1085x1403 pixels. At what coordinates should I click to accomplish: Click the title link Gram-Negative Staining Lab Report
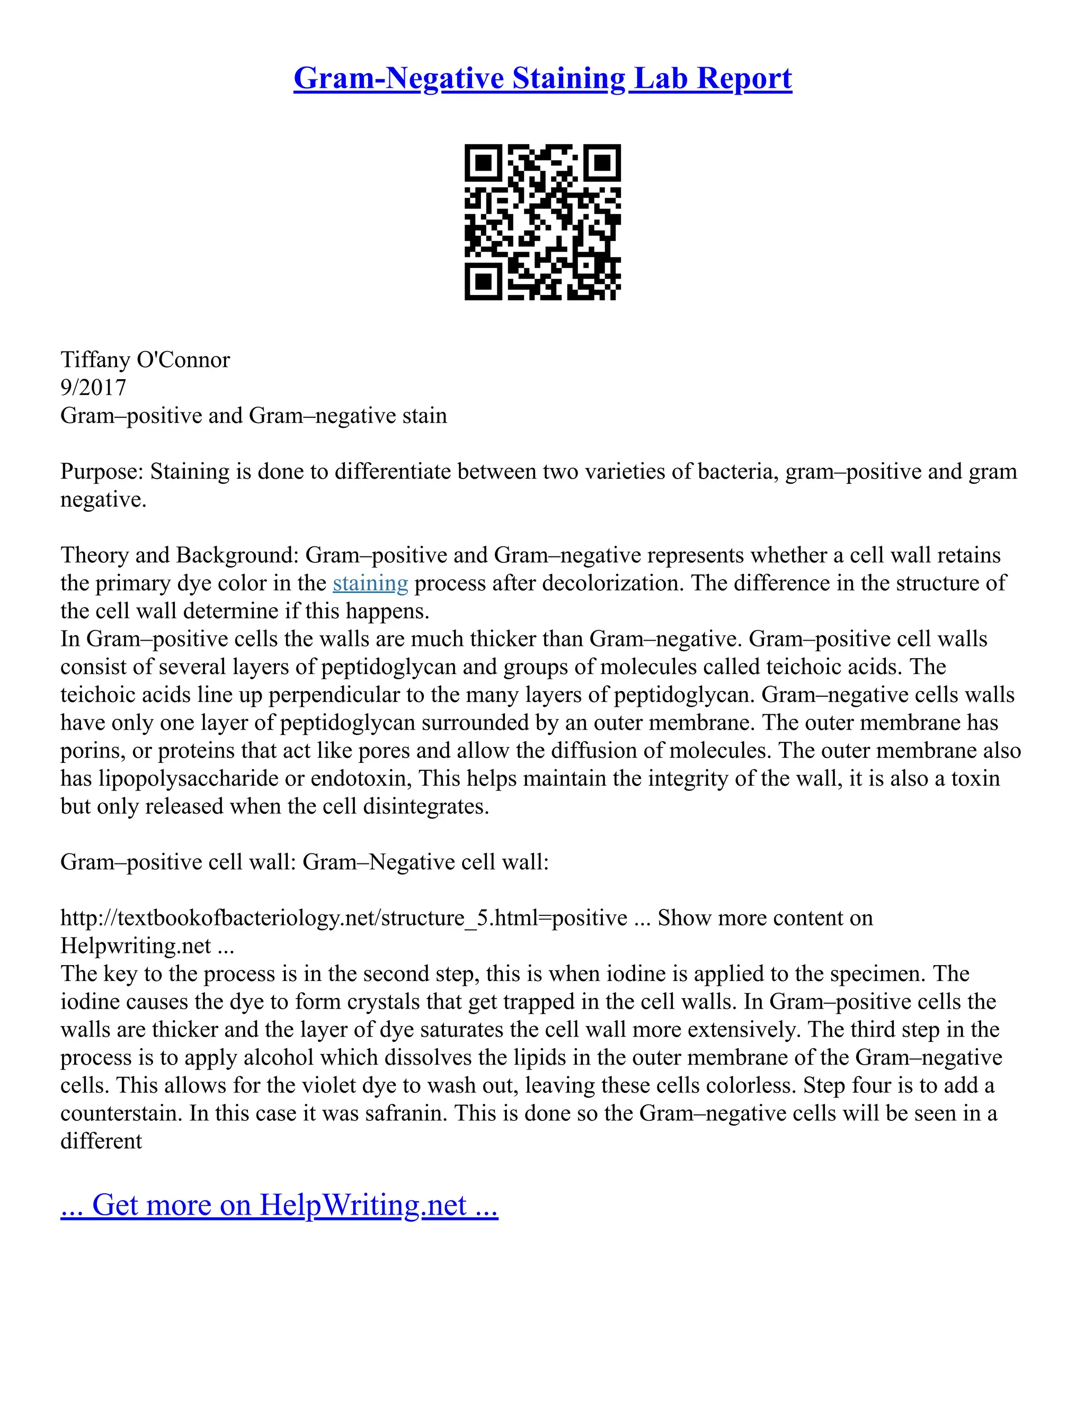coord(542,79)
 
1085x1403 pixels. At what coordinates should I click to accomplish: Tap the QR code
coord(542,222)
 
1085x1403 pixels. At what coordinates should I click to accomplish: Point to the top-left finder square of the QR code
coord(483,163)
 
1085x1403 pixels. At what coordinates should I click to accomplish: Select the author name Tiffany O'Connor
coord(145,359)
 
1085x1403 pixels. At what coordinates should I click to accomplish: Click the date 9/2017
coord(93,388)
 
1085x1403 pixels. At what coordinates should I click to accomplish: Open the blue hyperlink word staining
coord(370,583)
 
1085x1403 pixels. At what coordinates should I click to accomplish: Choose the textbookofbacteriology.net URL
coord(344,918)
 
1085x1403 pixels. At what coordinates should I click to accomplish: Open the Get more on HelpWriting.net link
coord(280,1206)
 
